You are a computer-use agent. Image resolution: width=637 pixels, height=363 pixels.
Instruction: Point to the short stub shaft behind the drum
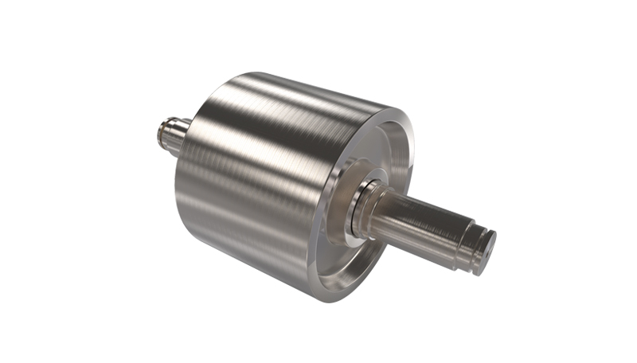point(171,135)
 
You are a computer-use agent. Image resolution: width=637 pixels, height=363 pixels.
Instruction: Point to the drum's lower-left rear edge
point(187,231)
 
